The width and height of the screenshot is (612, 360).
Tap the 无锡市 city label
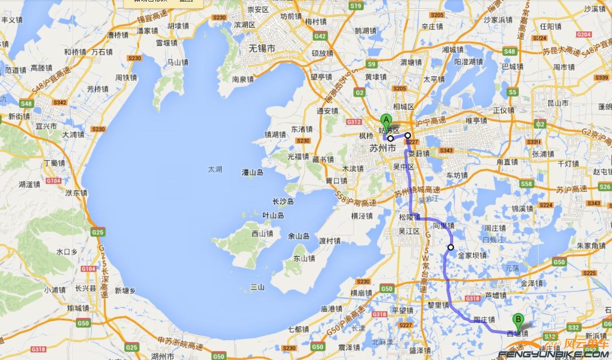[x=262, y=49]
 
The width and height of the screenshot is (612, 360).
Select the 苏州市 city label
[x=382, y=148]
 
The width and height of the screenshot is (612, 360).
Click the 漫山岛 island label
[x=253, y=173]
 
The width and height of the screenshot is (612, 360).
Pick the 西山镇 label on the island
[x=262, y=233]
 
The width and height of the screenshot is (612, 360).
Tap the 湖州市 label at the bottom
[x=162, y=356]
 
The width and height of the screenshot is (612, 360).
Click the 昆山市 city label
[x=558, y=103]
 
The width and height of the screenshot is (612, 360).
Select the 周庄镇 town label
[x=495, y=228]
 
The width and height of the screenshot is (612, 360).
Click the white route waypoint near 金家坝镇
[x=451, y=248]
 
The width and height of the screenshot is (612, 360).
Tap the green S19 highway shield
[x=356, y=6]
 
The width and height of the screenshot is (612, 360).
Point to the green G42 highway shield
[x=320, y=36]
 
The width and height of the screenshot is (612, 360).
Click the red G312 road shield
[x=354, y=122]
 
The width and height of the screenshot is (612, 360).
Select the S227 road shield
[x=412, y=142]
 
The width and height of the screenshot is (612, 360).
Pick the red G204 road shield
[x=584, y=34]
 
